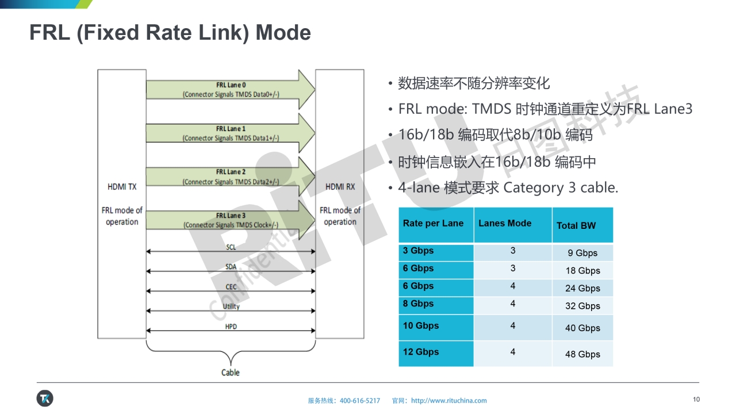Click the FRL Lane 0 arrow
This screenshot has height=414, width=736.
point(230,89)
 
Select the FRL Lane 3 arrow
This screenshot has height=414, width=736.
point(230,220)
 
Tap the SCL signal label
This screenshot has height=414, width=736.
point(231,247)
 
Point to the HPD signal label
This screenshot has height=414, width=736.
point(231,327)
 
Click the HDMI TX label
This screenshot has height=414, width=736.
point(122,187)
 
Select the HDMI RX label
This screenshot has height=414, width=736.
point(340,187)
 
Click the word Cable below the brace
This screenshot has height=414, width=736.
point(231,372)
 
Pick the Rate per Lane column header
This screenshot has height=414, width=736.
point(433,224)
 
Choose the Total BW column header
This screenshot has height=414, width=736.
point(576,225)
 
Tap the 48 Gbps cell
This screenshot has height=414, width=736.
point(582,354)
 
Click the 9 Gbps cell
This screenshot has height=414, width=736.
point(582,253)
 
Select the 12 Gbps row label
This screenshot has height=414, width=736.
point(421,352)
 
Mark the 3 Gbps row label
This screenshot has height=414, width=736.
point(419,251)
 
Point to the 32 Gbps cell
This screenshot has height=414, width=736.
point(582,306)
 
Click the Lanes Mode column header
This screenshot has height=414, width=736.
point(505,223)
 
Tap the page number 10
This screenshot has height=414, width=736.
point(696,400)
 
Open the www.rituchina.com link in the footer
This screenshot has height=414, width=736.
point(449,401)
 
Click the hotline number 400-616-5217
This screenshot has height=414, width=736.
point(360,401)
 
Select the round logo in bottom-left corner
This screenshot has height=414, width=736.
point(45,398)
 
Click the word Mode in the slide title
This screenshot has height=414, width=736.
point(283,33)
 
